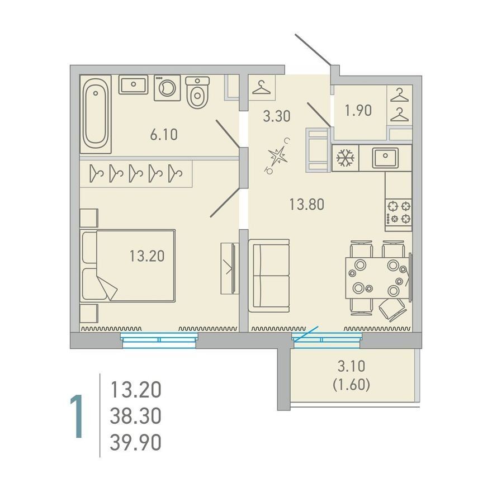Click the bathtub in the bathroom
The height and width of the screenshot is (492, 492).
[x=96, y=114]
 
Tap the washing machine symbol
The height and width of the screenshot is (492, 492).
[x=167, y=88]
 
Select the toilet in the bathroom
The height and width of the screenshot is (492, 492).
[x=197, y=92]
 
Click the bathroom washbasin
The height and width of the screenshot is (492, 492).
[x=134, y=84]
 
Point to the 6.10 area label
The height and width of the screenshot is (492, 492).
[x=164, y=135]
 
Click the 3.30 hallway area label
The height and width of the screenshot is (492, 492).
[x=277, y=116]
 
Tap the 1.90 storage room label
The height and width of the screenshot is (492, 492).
[x=358, y=111]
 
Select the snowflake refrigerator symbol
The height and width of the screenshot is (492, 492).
[x=346, y=158]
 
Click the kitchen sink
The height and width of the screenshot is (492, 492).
[x=385, y=158]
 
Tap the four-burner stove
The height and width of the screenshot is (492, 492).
[x=399, y=212]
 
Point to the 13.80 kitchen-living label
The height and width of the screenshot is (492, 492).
[x=306, y=205]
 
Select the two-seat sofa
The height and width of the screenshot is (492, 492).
[x=269, y=276]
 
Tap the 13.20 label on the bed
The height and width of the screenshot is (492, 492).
[x=147, y=256]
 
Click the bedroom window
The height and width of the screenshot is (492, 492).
[x=159, y=340]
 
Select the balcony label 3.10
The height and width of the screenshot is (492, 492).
[x=351, y=366]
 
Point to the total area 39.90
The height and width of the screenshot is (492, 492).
[x=136, y=442]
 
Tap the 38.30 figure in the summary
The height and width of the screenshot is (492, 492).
[x=136, y=416]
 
